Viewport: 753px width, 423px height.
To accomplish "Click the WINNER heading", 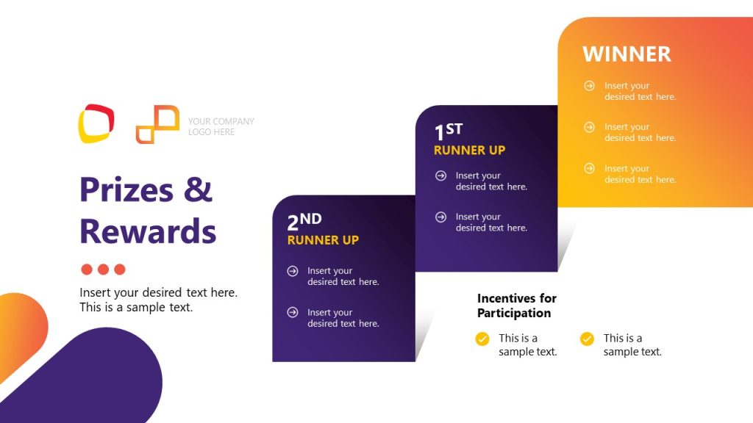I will [627, 54].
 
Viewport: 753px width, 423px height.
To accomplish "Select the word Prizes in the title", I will [126, 189].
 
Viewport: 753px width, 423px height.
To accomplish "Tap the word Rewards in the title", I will [148, 231].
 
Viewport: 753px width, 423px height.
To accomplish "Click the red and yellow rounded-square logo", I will [96, 123].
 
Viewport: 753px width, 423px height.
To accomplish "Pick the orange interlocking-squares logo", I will [157, 124].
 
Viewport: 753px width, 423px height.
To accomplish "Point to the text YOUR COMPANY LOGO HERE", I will [221, 126].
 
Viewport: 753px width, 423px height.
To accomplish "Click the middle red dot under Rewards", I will [103, 270].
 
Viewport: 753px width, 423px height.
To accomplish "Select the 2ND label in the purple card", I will [304, 220].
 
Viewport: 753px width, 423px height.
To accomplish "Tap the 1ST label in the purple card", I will [448, 131].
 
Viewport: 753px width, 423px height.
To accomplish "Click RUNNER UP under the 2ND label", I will [323, 240].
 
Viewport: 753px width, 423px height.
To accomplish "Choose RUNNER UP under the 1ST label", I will [469, 151].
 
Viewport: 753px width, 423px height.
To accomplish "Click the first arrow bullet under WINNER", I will [589, 86].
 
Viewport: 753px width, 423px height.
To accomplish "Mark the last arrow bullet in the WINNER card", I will [589, 168].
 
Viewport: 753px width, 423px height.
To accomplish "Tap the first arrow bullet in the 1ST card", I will [440, 176].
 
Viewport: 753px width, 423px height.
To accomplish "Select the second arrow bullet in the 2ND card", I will [293, 313].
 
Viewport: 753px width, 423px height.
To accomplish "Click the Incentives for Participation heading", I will [516, 305].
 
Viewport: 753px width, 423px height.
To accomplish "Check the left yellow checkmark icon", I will [482, 339].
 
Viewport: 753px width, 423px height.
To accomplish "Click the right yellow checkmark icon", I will [587, 339].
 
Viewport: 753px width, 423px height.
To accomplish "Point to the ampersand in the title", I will [198, 189].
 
